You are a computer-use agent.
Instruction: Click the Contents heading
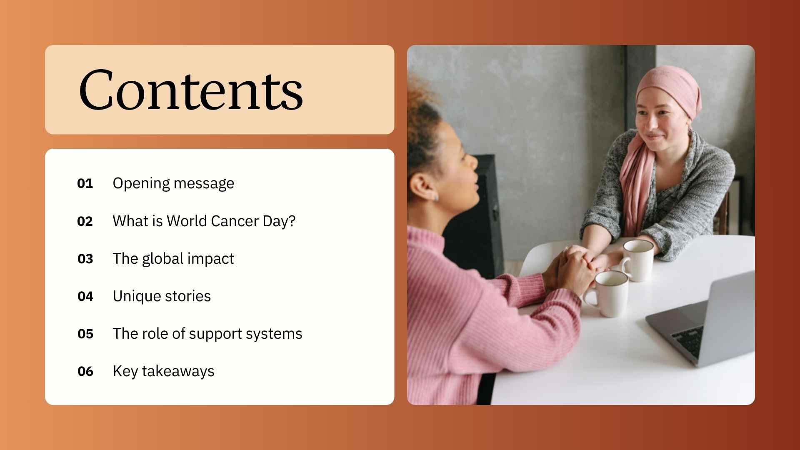point(191,90)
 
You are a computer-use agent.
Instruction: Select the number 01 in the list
point(85,184)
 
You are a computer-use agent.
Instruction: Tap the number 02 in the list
point(85,221)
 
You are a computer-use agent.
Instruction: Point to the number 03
point(85,259)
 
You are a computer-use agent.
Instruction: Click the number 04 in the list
point(85,296)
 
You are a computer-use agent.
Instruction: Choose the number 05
point(85,334)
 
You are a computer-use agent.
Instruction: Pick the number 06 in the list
point(85,371)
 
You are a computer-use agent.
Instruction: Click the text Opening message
point(173,184)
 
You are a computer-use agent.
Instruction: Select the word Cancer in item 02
point(235,221)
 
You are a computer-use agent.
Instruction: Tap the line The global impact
point(173,259)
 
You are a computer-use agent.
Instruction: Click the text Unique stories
point(162,296)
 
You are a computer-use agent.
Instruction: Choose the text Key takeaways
point(163,371)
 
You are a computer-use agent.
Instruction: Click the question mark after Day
point(292,221)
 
